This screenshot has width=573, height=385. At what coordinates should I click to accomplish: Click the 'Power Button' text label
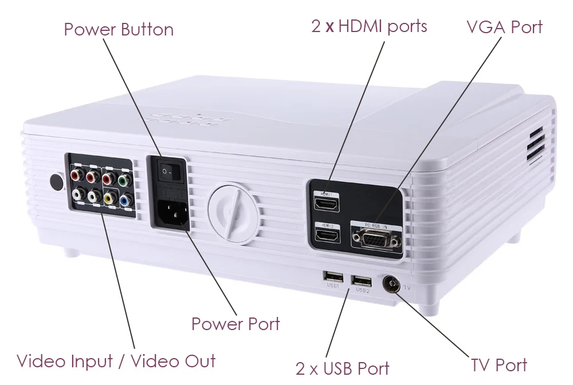[x=119, y=29]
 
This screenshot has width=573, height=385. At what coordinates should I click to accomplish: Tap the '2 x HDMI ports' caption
[x=370, y=26]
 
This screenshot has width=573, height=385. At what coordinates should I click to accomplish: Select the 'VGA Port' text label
[x=504, y=26]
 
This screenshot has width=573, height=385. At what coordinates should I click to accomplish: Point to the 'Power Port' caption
[x=236, y=324]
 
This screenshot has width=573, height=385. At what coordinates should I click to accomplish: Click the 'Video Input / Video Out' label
[x=116, y=361]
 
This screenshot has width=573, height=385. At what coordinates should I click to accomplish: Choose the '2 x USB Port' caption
[x=343, y=368]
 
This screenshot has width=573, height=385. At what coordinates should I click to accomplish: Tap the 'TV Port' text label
[x=499, y=365]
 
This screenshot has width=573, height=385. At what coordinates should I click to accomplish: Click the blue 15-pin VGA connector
[x=376, y=238]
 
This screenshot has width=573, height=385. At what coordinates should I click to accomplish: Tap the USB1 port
[x=333, y=276]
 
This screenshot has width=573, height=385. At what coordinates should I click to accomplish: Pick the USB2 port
[x=361, y=280]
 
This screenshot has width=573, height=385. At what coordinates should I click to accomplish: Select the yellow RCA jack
[x=109, y=199]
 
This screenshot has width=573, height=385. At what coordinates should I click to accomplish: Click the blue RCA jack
[x=125, y=200]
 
